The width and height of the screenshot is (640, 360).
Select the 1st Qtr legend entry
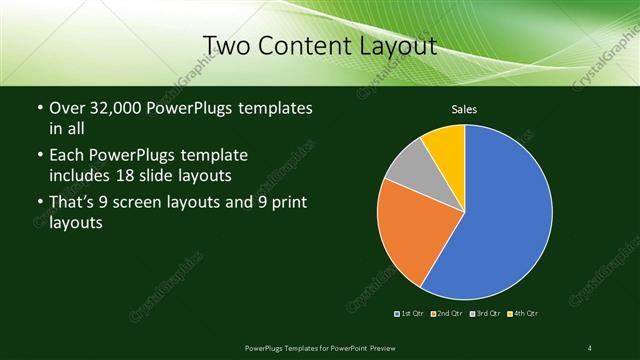point(411,314)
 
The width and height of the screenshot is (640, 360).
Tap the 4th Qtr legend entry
point(523,314)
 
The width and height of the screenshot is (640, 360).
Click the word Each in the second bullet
point(65,155)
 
